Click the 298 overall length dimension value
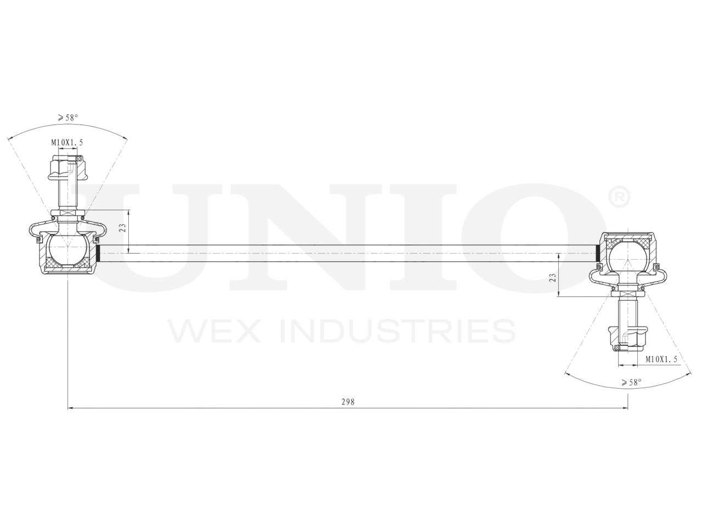point(348,402)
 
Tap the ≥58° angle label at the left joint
point(67,117)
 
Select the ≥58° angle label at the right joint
point(631,383)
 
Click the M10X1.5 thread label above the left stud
point(67,142)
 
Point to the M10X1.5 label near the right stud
point(661,359)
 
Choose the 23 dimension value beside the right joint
point(553,277)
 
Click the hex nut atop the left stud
point(67,167)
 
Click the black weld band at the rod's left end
point(99,253)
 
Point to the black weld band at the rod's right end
point(597,253)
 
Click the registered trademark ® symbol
point(619,198)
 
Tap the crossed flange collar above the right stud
point(627,293)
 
